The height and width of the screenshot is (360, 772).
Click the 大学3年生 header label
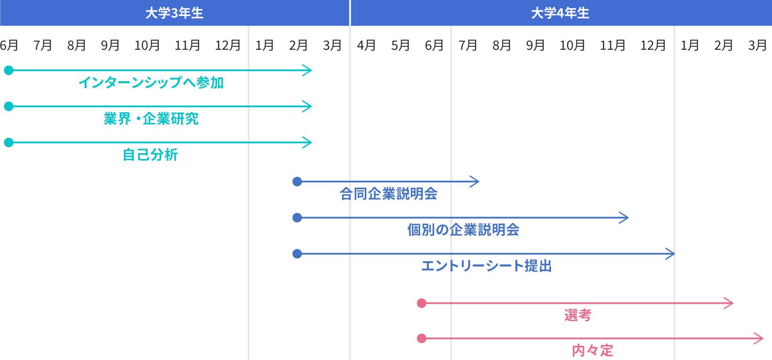174,13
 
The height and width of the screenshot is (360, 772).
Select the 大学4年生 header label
560,13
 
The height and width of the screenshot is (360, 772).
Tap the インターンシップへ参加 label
151,82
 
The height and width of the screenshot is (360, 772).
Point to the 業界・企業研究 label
151,118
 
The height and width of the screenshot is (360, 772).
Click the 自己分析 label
150,154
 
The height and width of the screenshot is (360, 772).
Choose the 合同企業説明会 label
388,194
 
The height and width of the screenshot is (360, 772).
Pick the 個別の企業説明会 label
463,230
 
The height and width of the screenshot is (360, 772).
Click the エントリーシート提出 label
486,266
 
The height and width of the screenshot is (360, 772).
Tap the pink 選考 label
578,315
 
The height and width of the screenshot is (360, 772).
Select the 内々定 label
592,350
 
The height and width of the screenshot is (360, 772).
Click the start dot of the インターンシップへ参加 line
9,70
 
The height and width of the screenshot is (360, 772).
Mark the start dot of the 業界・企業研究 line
9,106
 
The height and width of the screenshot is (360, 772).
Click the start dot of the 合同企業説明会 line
297,182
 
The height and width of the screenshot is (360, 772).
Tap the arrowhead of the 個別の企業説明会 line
625,218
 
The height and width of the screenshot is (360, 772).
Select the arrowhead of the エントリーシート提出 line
671,254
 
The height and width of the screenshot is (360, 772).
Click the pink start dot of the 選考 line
421,303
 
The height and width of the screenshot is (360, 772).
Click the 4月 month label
366,45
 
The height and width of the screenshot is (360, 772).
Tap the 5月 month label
400,45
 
